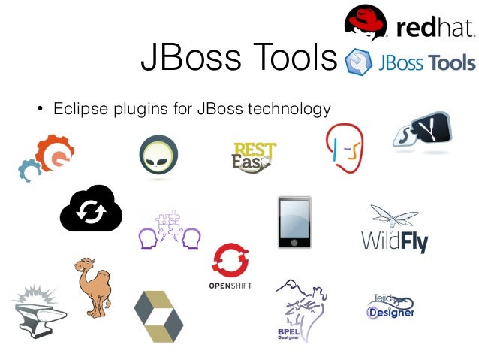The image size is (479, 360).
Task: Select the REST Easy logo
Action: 253,156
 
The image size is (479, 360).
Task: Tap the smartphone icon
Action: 294,222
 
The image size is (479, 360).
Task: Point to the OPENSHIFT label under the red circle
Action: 230,286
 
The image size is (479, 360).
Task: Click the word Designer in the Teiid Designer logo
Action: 395,313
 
